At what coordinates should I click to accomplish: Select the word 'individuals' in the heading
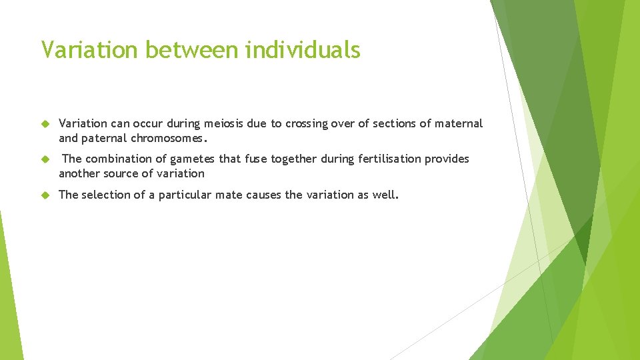click(x=303, y=49)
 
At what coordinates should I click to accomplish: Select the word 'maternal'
click(x=459, y=123)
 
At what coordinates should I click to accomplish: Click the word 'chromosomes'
click(x=172, y=139)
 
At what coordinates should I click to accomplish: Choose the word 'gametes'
click(x=195, y=159)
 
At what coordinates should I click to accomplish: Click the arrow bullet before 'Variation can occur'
click(x=45, y=124)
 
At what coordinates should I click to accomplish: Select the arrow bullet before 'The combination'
click(x=45, y=159)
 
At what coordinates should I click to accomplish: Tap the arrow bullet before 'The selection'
click(x=45, y=195)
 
